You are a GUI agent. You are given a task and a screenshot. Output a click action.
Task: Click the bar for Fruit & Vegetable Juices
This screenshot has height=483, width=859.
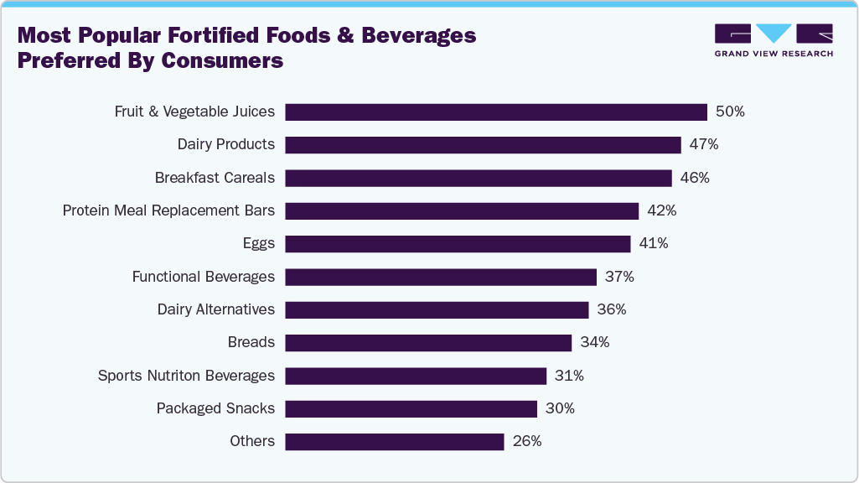(x=496, y=112)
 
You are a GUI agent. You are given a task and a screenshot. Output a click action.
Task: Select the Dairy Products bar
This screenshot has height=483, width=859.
(x=483, y=145)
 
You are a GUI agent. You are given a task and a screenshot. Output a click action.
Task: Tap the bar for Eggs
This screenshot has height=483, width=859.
(x=458, y=244)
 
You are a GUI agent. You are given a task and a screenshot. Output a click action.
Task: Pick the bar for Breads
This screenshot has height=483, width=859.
(x=428, y=343)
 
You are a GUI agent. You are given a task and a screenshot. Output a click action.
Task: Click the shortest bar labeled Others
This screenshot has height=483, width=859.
(x=395, y=442)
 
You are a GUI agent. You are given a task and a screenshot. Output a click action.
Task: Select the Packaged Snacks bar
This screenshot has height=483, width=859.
(x=411, y=409)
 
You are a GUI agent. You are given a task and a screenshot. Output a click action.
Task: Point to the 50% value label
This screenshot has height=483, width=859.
(x=729, y=112)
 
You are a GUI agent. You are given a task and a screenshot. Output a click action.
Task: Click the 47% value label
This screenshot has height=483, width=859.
(x=703, y=144)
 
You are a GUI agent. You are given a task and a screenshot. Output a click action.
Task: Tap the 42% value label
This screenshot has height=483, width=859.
(x=661, y=210)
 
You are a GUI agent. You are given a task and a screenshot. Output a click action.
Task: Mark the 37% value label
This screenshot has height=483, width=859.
(x=619, y=277)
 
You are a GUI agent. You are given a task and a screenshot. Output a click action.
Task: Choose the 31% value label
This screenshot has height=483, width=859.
(x=569, y=376)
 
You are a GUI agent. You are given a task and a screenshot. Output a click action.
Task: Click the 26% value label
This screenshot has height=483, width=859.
(x=527, y=441)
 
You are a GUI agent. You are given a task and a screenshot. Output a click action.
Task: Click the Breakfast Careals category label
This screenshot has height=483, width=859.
(x=215, y=178)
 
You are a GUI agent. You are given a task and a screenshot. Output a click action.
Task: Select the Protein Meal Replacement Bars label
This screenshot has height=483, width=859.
(x=168, y=210)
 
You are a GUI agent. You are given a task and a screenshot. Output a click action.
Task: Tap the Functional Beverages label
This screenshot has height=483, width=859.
(x=203, y=277)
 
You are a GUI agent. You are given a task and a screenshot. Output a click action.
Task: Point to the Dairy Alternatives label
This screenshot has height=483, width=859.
(x=215, y=309)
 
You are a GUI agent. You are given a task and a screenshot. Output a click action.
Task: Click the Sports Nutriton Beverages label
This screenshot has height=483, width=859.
(x=186, y=376)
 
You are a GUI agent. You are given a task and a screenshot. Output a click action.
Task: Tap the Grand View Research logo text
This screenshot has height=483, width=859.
(x=773, y=54)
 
